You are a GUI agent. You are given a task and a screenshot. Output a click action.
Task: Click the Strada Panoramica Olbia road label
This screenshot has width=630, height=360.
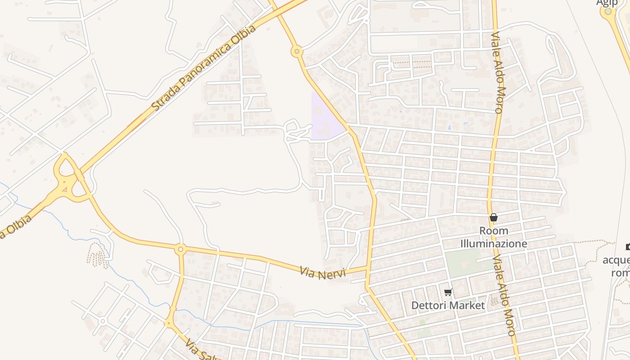coord(204,67)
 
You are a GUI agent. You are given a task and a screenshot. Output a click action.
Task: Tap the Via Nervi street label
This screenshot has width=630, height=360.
coord(322,273)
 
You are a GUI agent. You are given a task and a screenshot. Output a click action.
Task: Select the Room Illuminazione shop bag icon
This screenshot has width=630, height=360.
coord(494,218)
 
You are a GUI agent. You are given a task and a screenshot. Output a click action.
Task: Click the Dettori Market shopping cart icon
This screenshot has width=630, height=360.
coord(448,292)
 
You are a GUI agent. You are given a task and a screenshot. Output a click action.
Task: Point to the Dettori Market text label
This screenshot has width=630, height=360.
coord(448,306)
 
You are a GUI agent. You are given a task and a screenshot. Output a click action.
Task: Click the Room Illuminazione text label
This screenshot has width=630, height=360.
coord(493,237)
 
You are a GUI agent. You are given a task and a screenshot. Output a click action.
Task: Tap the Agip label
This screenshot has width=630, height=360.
coord(607,3)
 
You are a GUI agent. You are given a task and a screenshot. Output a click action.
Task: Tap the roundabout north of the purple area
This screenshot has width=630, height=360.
coord(297,52)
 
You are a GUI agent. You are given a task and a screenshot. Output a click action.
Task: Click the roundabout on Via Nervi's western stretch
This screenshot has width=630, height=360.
coord(180,249)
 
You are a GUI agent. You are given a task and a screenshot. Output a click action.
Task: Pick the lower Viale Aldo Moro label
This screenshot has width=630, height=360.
coord(504,297)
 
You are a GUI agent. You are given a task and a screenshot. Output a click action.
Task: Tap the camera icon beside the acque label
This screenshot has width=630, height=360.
coord(627,247)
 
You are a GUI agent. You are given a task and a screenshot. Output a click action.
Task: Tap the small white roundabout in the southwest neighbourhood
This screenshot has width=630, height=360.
coord(103,321)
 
